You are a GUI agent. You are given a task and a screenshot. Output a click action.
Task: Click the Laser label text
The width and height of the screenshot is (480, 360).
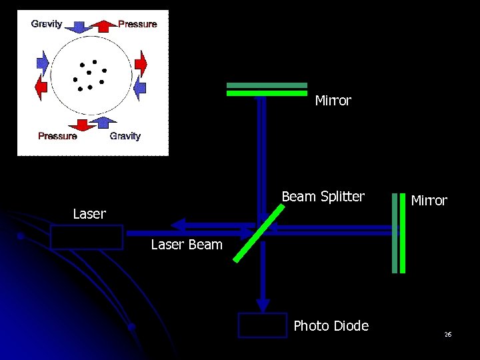point(89,214)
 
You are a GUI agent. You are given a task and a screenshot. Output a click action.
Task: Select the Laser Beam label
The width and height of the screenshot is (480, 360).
point(187,245)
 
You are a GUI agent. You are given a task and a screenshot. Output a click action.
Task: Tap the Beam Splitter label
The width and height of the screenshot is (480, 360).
point(323,197)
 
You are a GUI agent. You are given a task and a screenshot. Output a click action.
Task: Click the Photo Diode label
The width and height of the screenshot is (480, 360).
point(331,326)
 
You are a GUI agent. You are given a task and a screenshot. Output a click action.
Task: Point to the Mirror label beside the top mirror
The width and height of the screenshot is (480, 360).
point(333,101)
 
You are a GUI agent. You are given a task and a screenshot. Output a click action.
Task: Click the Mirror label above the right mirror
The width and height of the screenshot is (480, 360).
point(429,201)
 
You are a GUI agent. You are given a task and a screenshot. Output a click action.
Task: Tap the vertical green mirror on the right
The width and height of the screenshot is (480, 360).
point(398,233)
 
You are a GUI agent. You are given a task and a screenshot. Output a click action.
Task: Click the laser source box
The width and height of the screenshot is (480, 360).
point(87,237)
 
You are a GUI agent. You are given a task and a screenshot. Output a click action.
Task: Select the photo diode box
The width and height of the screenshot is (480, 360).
point(263,325)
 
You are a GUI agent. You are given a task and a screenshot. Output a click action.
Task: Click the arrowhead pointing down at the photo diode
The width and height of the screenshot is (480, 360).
point(263,305)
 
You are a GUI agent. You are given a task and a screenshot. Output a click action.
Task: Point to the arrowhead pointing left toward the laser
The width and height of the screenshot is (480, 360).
point(177,224)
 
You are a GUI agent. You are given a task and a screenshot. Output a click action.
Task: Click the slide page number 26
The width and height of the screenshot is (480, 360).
point(448,334)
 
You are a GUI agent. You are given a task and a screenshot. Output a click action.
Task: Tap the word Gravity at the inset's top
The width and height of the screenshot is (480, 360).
point(47,24)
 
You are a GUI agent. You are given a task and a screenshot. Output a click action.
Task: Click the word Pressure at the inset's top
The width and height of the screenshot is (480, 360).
point(137,24)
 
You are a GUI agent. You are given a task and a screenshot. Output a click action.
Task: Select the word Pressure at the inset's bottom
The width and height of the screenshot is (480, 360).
point(57,136)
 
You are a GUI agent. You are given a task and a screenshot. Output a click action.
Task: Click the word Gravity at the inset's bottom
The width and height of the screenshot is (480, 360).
point(125,136)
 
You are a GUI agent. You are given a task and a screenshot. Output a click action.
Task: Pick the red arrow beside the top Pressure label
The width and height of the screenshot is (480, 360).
point(103,26)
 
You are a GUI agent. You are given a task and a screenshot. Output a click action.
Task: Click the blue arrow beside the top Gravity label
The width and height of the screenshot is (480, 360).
point(78,26)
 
